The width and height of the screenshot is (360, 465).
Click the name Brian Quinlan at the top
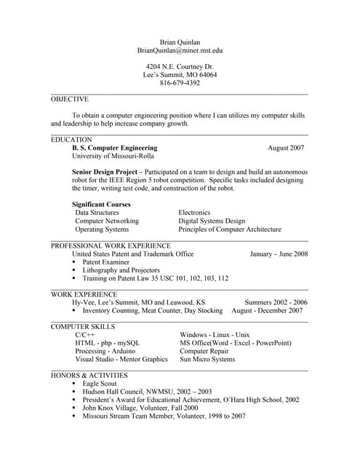click(x=180, y=41)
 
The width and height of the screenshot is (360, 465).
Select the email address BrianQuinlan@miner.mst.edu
click(x=180, y=51)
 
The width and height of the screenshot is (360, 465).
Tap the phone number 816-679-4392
click(x=180, y=83)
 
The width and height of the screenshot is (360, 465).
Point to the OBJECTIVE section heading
click(x=70, y=100)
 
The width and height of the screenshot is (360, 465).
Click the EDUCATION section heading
click(x=71, y=139)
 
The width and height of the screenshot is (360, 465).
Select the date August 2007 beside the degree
click(x=286, y=147)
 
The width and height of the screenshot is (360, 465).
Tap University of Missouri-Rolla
click(x=113, y=156)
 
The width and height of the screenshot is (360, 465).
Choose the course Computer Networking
click(x=107, y=221)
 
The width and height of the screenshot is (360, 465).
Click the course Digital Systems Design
click(x=212, y=221)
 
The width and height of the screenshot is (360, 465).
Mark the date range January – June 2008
click(x=279, y=254)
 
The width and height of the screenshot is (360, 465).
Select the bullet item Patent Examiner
click(x=111, y=262)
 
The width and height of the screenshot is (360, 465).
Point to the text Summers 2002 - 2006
click(x=276, y=302)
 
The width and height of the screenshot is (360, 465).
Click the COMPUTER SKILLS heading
click(x=83, y=327)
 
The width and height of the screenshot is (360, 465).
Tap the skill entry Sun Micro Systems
click(x=207, y=359)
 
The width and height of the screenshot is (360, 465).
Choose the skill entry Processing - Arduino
click(x=105, y=351)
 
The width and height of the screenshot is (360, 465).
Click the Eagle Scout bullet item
click(x=99, y=383)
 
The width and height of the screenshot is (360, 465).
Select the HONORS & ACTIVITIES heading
click(x=89, y=375)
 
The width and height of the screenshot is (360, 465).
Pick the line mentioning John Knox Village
click(x=140, y=408)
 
